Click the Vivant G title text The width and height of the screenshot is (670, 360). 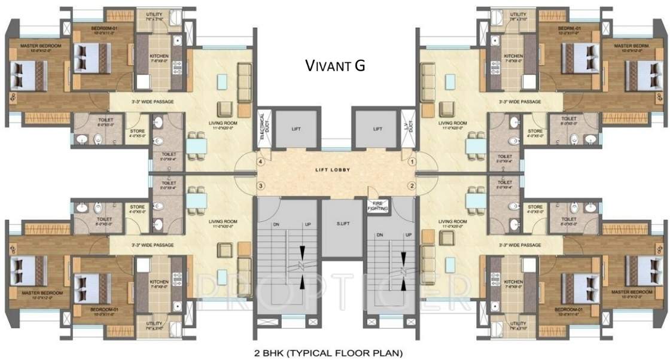tap(334, 65)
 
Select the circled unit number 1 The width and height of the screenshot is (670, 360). tap(412, 161)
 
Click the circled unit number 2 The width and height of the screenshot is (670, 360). tap(412, 185)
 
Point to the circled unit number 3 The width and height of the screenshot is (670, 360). tap(260, 185)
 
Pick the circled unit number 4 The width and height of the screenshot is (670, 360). tap(260, 161)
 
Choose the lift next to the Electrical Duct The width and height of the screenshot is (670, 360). tap(296, 129)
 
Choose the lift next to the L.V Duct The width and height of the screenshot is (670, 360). tap(376, 129)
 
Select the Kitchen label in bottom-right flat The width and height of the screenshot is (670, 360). tap(513, 282)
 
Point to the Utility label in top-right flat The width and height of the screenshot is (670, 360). tap(518, 14)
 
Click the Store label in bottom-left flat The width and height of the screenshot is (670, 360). tap(137, 208)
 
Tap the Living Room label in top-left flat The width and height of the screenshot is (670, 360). tap(220, 123)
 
